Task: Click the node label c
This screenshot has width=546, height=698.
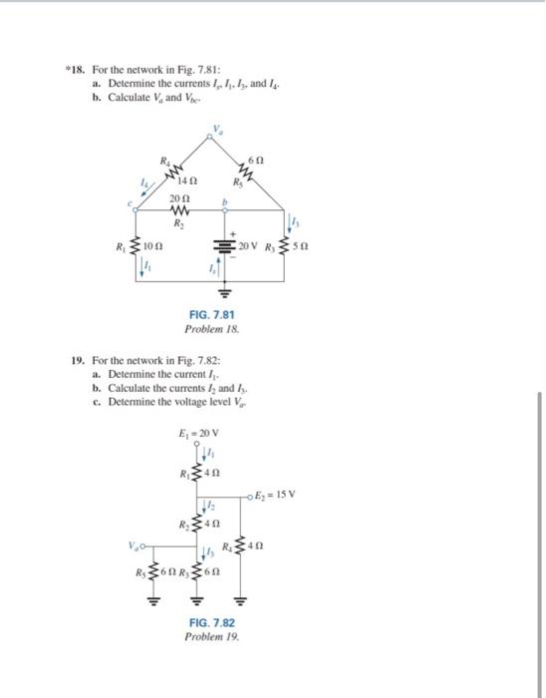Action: click(x=130, y=205)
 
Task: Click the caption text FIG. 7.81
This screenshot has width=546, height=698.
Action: click(x=209, y=313)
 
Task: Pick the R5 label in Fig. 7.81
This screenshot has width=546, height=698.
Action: click(x=236, y=182)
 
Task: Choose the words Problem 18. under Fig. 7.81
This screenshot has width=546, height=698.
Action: click(x=209, y=328)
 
